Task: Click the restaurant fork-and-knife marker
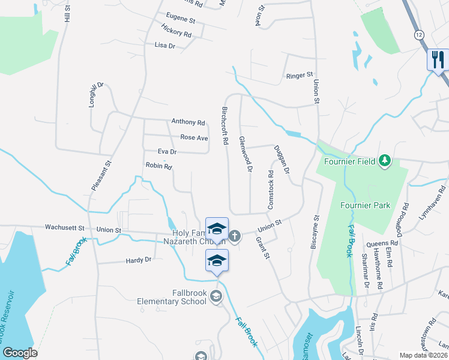click(x=438, y=59)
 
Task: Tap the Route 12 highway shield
click(x=418, y=35)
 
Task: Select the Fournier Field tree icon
click(x=385, y=161)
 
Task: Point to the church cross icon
click(x=235, y=236)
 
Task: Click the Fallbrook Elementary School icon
click(x=216, y=296)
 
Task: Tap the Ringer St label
click(x=300, y=76)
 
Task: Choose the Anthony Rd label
click(x=188, y=122)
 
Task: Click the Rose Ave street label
click(x=194, y=137)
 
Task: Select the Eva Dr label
click(x=167, y=152)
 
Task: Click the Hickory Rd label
click(x=176, y=31)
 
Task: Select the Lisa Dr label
click(x=164, y=45)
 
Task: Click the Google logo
click(x=20, y=353)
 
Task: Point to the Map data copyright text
click(x=424, y=355)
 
